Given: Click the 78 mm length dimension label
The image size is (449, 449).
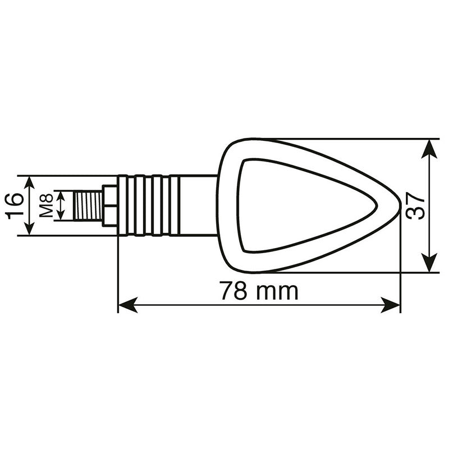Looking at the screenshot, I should [258, 291].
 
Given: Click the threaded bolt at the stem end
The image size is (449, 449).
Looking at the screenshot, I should [89, 205].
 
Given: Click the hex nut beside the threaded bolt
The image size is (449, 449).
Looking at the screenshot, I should [109, 205].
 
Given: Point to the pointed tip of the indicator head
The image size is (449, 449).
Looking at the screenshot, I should [397, 206].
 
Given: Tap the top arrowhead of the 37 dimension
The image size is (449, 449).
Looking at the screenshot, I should [429, 147].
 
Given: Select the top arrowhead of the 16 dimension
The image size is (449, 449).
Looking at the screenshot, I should [30, 183].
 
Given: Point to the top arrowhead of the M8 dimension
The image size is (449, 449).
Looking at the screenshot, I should [62, 196].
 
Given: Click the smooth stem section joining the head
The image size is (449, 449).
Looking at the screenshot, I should [194, 205].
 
